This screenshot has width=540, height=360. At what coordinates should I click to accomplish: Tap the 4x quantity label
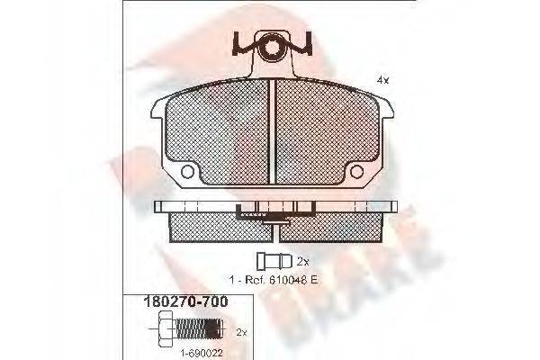(x=382, y=80)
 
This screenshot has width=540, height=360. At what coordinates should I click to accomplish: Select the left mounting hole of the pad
(x=188, y=171)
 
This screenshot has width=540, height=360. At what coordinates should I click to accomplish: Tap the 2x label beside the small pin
(x=304, y=260)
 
